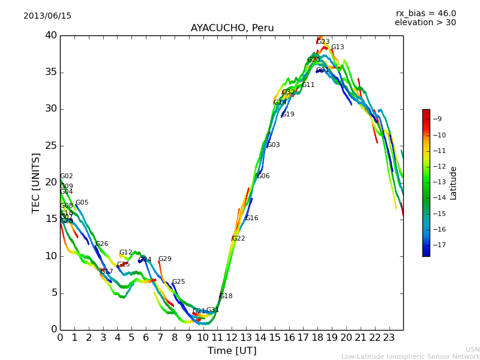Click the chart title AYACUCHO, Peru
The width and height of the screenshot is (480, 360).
pos(232,28)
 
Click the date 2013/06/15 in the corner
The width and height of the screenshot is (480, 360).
pos(47,16)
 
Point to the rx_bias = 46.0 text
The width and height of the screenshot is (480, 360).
pos(425,14)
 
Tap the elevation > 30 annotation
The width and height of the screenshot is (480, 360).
pos(425,23)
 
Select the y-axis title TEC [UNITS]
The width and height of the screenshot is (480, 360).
pos(37,182)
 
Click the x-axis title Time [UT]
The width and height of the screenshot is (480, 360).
pos(232,351)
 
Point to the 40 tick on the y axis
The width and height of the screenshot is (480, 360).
pos(50,35)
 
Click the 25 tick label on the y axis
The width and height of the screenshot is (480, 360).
pos(50,146)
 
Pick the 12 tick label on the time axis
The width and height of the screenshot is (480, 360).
pos(232,337)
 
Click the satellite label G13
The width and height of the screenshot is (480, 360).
pos(338,47)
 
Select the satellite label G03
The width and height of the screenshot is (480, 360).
pos(274,145)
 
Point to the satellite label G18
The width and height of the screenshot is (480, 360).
pos(226,296)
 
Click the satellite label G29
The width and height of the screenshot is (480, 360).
pos(165,259)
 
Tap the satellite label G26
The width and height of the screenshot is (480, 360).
pos(102,244)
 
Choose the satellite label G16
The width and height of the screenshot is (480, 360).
pos(252,218)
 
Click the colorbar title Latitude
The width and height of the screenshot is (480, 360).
pos(454,183)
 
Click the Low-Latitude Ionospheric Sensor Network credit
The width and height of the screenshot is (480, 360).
pos(410,356)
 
